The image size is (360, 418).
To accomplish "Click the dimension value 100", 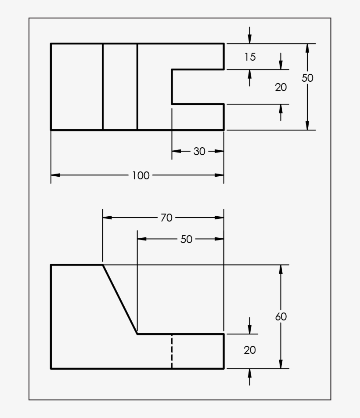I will click(140, 175).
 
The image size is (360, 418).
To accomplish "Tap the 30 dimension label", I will click(199, 151).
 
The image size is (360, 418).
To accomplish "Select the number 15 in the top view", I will click(250, 57).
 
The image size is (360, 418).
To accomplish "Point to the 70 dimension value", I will click(166, 218).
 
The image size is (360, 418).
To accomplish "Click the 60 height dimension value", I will click(281, 316).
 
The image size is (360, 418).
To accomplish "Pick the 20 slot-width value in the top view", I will click(281, 87).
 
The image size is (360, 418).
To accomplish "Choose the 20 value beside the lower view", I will click(250, 350).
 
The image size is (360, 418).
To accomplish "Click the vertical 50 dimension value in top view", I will click(307, 78).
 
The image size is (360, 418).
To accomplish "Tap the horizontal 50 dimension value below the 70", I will click(186, 239).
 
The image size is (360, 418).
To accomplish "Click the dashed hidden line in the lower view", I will click(172, 352).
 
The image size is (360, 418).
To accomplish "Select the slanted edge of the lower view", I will click(120, 299).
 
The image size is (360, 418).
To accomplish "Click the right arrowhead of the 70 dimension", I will click(220, 218).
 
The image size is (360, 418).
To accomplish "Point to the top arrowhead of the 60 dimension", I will click(281, 269).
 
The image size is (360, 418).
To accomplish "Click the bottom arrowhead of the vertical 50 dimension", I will click(307, 126).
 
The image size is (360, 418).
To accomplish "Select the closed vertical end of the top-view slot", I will click(172, 87).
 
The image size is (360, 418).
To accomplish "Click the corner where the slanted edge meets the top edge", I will click(103, 265).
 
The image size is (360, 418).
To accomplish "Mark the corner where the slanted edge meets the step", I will click(137, 334).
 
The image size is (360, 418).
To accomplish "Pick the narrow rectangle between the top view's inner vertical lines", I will click(120, 87).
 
